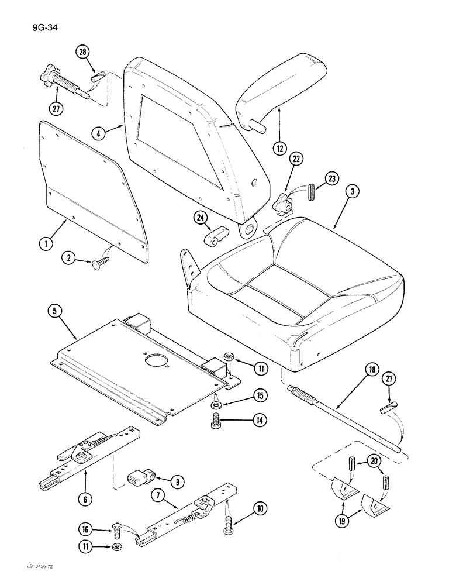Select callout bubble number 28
[83, 53]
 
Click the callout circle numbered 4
[100, 133]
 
